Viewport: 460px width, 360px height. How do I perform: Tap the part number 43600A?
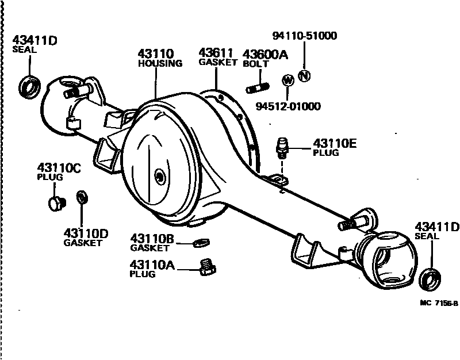tap(264, 54)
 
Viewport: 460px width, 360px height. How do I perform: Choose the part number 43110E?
tap(335, 144)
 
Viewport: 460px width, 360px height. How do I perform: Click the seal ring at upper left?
tap(29, 86)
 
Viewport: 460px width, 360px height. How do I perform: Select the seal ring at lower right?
tap(429, 279)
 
